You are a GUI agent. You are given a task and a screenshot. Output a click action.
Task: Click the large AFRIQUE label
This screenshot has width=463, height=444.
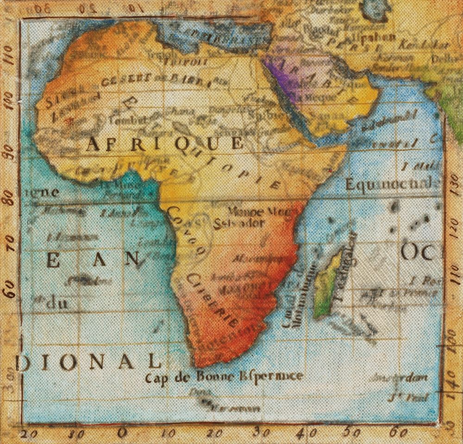click(x=164, y=144)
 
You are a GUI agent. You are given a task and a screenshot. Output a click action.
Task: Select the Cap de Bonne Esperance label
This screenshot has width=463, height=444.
click(x=224, y=376)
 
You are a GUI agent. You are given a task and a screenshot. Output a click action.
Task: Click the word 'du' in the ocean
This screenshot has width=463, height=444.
click(x=57, y=303)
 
